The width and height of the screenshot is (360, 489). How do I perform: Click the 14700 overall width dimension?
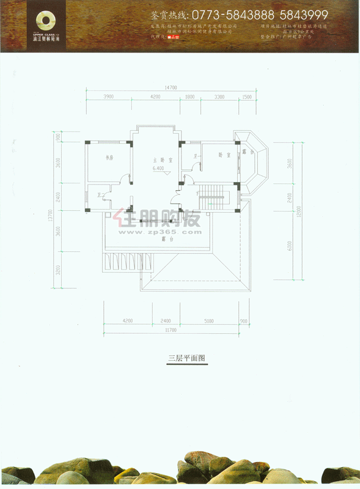click(170, 88)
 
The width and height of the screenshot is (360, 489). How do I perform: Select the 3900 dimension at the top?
click(109, 97)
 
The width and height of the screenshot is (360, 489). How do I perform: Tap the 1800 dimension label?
click(189, 97)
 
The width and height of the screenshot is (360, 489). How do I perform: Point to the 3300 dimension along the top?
click(219, 97)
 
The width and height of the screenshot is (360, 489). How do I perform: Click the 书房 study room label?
click(110, 158)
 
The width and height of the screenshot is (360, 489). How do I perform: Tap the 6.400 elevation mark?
click(158, 167)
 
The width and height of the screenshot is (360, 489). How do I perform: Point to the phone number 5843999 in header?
click(302, 15)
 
